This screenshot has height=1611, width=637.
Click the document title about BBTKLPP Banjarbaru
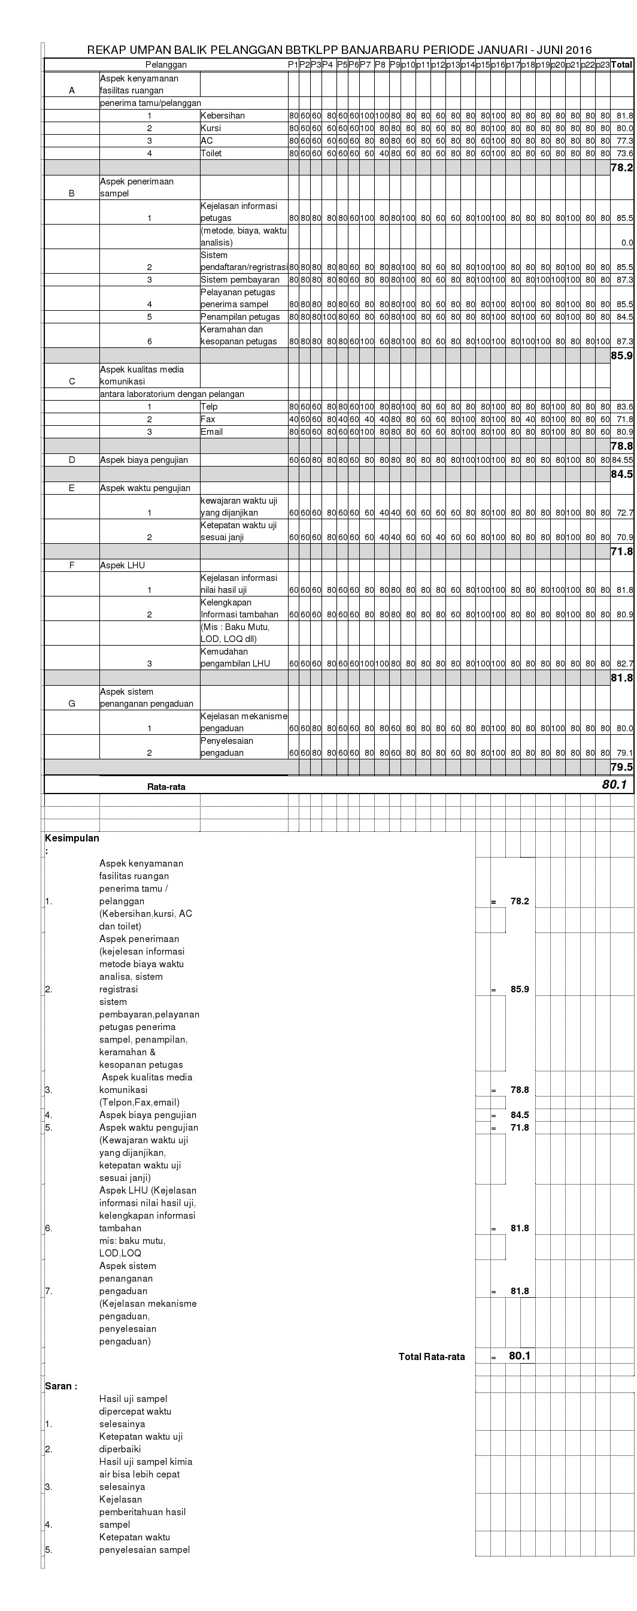pyautogui.click(x=339, y=50)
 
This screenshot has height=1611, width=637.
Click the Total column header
pyautogui.click(x=621, y=65)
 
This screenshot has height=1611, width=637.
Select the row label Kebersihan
pyautogui.click(x=223, y=116)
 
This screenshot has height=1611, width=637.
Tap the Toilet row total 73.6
pyautogui.click(x=624, y=153)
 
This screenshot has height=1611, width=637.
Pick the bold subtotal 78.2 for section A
pyautogui.click(x=621, y=168)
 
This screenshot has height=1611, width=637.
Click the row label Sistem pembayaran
pyautogui.click(x=240, y=280)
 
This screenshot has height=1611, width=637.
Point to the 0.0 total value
pyautogui.click(x=627, y=243)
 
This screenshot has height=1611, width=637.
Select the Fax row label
pyautogui.click(x=208, y=419)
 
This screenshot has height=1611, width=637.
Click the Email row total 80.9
pyautogui.click(x=624, y=432)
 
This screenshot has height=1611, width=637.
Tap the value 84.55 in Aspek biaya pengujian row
pyautogui.click(x=623, y=460)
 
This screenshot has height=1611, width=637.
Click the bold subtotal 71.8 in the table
pyautogui.click(x=621, y=552)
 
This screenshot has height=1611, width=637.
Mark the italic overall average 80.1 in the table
pyautogui.click(x=614, y=784)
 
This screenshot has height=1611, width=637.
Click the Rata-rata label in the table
pyautogui.click(x=166, y=787)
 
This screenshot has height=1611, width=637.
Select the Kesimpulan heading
pyautogui.click(x=72, y=838)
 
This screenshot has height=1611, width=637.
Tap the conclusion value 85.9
pyautogui.click(x=520, y=989)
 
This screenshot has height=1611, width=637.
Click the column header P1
pyautogui.click(x=293, y=65)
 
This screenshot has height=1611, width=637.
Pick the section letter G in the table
pyautogui.click(x=72, y=704)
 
